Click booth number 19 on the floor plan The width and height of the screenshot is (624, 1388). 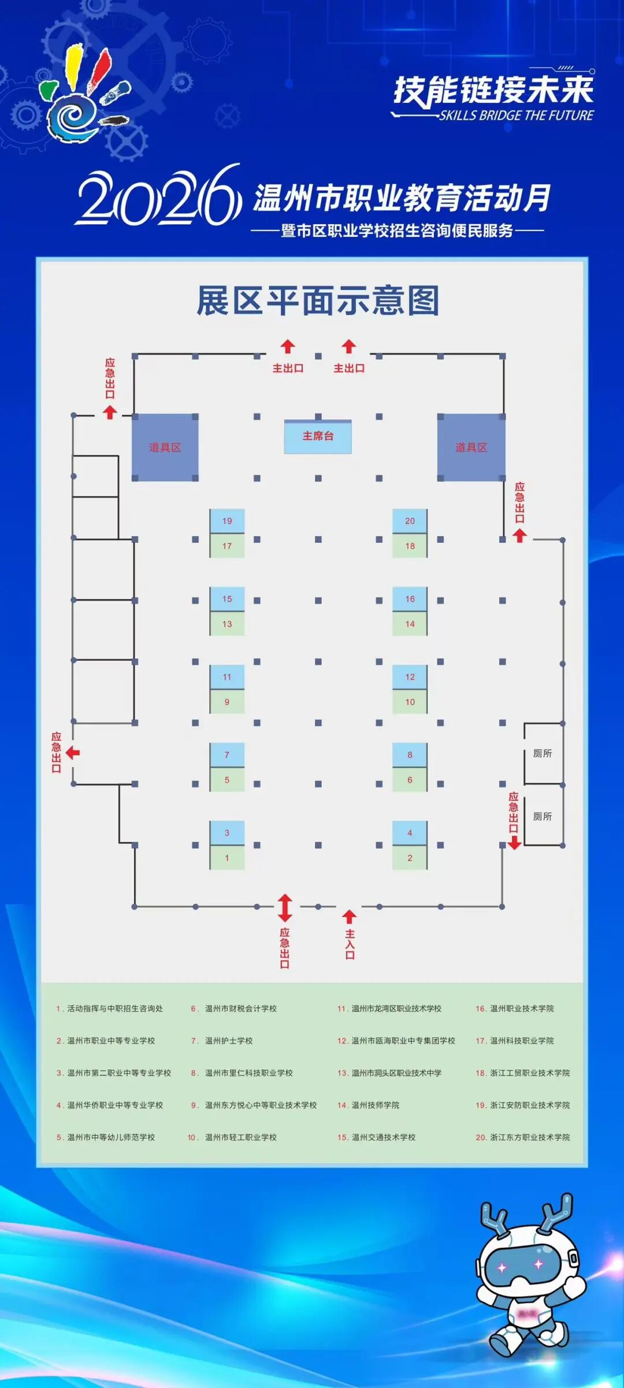(227, 520)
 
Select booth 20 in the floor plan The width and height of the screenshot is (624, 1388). (410, 520)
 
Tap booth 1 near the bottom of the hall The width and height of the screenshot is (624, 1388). (227, 858)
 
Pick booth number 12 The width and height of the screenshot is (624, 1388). (410, 676)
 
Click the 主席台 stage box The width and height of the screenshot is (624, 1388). (318, 436)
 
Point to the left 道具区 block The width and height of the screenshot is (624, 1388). (165, 447)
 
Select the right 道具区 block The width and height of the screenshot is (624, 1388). (471, 447)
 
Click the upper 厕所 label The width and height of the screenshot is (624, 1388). (543, 753)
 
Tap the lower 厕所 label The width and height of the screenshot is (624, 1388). (543, 816)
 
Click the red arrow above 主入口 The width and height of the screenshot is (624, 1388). (349, 916)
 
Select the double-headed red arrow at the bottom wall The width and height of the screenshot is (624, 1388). (285, 908)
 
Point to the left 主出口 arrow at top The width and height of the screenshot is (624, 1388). (288, 347)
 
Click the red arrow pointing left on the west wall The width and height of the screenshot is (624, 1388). (73, 753)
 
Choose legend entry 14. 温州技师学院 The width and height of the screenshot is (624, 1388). (369, 1105)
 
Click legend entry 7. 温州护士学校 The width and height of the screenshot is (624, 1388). (222, 1040)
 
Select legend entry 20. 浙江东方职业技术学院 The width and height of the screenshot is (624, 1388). (523, 1137)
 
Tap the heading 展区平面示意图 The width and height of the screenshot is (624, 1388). (318, 300)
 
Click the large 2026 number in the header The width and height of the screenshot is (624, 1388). (158, 196)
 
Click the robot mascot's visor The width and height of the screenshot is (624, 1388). (521, 1266)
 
